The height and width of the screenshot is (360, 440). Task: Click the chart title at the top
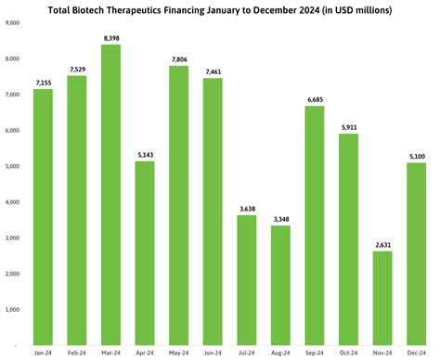[x=219, y=10]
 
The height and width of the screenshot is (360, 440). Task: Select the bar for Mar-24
[x=110, y=195]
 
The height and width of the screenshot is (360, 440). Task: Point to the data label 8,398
[x=110, y=37]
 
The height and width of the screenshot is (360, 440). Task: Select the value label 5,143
[x=145, y=154]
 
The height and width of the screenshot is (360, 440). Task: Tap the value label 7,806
[x=178, y=58]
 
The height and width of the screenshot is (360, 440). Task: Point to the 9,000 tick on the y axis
[x=13, y=23]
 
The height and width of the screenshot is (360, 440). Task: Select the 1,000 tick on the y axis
[x=13, y=310]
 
